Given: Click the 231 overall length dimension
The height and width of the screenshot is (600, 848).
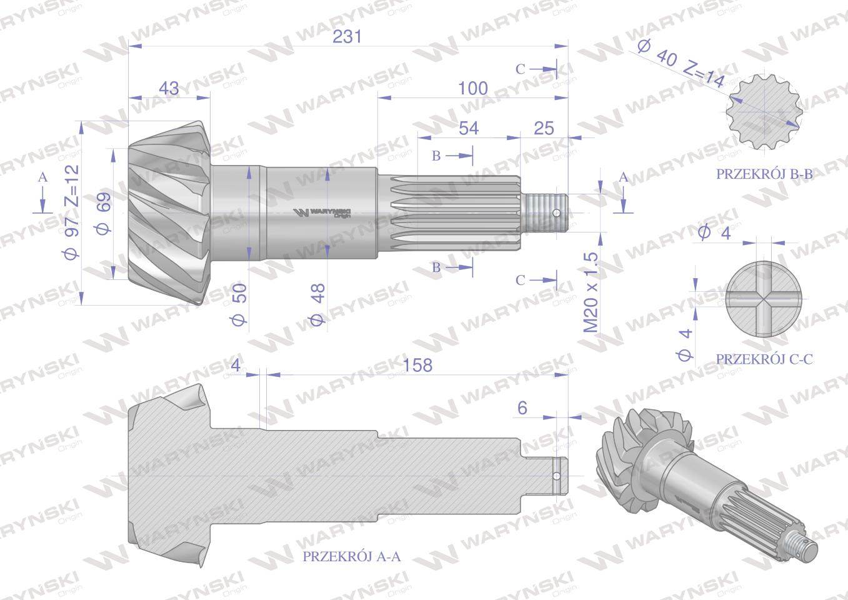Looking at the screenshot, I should click(x=347, y=37).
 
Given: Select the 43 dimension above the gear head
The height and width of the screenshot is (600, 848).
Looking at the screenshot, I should click(x=169, y=88).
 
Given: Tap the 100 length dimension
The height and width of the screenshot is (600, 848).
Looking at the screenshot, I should click(x=472, y=88).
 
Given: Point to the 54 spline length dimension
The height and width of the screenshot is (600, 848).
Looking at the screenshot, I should click(x=468, y=127).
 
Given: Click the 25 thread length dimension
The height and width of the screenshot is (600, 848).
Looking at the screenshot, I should click(x=544, y=127).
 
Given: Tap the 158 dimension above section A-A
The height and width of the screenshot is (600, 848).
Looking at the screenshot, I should click(x=418, y=364).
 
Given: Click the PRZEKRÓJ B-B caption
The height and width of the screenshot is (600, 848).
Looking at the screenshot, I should click(x=764, y=174).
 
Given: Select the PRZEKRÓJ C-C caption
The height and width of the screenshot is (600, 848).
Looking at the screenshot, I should click(x=764, y=359).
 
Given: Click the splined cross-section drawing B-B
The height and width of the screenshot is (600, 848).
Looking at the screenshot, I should click(x=765, y=113).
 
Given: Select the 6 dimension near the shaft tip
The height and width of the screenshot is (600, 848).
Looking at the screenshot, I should click(x=523, y=407).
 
